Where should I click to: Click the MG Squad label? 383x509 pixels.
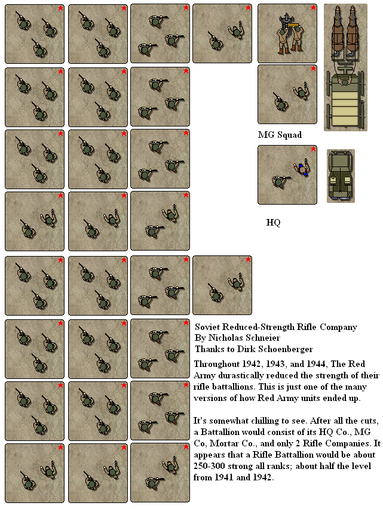[x=280, y=135]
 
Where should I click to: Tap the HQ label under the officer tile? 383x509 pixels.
[x=273, y=223]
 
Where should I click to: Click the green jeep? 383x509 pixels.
[x=341, y=175]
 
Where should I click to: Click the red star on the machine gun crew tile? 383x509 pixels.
[x=313, y=8]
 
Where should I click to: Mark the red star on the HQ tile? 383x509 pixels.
[x=313, y=149]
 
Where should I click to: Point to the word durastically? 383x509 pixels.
[x=241, y=375]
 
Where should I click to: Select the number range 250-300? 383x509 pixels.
[x=209, y=466]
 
